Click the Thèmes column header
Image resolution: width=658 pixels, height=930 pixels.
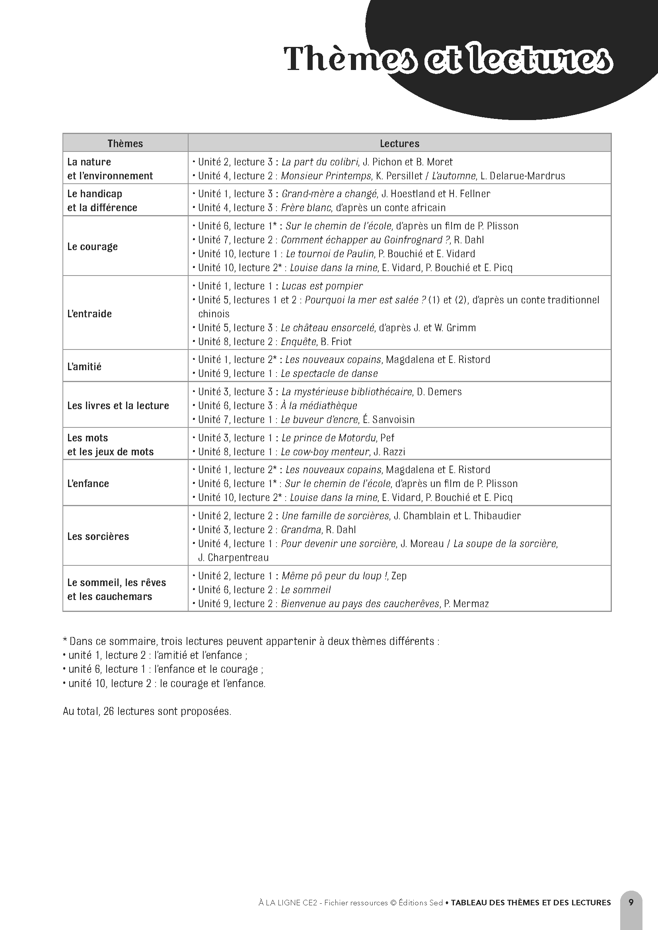(125, 144)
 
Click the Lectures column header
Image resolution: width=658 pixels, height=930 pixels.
(399, 144)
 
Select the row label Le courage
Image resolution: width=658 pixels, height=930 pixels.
(92, 247)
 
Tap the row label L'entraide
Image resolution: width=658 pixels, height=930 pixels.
(89, 313)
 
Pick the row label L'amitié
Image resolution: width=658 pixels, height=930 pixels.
(84, 367)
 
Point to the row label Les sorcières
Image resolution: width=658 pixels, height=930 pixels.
(98, 536)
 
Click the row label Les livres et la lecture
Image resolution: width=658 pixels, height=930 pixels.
(118, 406)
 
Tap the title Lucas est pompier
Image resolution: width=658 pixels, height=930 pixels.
(322, 286)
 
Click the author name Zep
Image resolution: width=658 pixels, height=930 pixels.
(399, 576)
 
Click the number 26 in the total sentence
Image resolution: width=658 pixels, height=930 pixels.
(108, 711)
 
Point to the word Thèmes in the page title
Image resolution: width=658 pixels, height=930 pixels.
(348, 60)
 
